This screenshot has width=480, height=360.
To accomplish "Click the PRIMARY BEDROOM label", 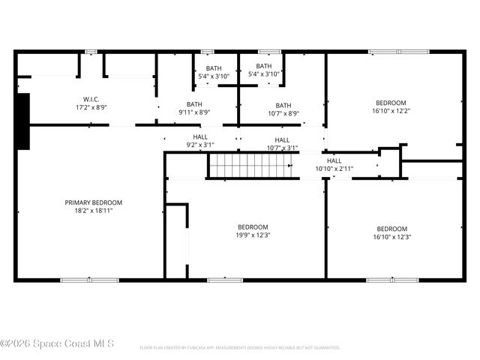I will (93, 202).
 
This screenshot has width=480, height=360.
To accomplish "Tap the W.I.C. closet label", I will (91, 99).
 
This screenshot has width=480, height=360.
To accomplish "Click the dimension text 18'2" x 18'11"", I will (93, 211).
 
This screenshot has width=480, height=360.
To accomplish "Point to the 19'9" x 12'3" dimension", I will (253, 235).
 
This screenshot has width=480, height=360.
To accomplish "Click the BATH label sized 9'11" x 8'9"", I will (194, 104).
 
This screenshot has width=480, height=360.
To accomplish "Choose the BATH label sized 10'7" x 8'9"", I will (283, 105).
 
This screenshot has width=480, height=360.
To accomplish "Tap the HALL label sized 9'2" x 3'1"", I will (200, 136).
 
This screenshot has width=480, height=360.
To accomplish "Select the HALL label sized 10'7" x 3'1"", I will (282, 139).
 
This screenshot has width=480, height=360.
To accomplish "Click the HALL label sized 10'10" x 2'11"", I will (334, 160).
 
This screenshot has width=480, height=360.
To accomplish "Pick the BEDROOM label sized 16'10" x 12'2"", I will (391, 103).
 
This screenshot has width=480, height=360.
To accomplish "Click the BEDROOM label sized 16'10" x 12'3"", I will (391, 229).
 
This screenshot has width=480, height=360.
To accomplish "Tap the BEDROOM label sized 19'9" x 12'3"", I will (253, 226).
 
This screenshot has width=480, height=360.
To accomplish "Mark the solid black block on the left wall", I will (23, 121).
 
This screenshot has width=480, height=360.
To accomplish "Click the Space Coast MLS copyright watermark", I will (57, 343).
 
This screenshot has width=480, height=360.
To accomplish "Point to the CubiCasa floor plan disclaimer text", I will (240, 348).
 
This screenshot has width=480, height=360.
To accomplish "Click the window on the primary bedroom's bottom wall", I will (89, 280).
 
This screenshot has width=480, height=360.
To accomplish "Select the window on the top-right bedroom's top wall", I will (398, 52).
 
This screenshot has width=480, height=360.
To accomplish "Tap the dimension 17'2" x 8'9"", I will (91, 107).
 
